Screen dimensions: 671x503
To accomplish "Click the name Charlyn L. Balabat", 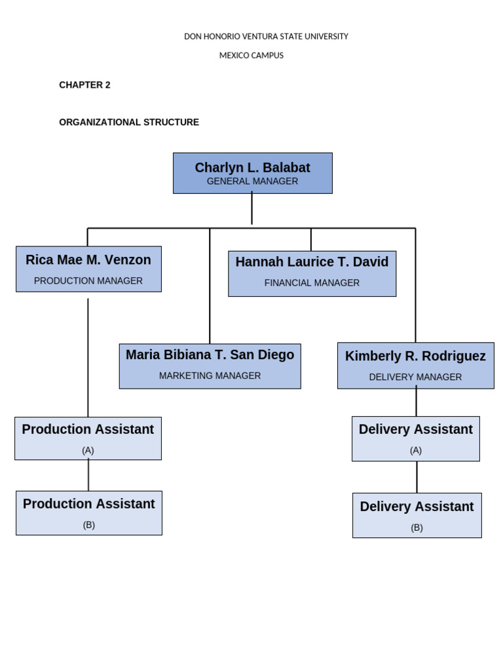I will (x=252, y=168).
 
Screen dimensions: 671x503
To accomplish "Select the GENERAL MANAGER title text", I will (x=252, y=182).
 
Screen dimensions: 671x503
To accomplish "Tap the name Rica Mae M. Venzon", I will (x=88, y=260).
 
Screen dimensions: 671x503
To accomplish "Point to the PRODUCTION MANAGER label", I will (x=88, y=281).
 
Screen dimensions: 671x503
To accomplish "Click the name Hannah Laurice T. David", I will (x=312, y=262).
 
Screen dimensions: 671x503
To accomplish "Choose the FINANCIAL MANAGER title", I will (x=312, y=283).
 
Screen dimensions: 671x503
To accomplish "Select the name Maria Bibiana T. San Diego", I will (x=210, y=355).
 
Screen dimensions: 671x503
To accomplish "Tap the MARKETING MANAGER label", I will (x=210, y=376).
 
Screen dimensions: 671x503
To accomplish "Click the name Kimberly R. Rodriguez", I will (x=415, y=356).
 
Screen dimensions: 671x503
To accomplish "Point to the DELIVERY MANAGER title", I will (x=415, y=377).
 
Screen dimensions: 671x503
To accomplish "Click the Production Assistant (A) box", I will (x=88, y=438).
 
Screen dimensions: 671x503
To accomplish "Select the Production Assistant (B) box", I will (x=89, y=513).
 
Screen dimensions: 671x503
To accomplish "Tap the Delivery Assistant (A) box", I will (x=415, y=438).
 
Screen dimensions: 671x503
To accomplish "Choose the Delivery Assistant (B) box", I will (x=417, y=515).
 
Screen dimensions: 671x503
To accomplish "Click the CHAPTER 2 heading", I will (x=84, y=85).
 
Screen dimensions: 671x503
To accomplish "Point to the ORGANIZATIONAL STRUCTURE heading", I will (x=129, y=123).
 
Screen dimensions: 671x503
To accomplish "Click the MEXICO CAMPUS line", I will (x=251, y=56).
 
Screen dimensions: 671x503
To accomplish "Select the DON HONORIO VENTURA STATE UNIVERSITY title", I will (x=266, y=37).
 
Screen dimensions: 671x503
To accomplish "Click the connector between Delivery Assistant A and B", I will (x=417, y=477).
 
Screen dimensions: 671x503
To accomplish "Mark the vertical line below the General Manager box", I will (x=251, y=208).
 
